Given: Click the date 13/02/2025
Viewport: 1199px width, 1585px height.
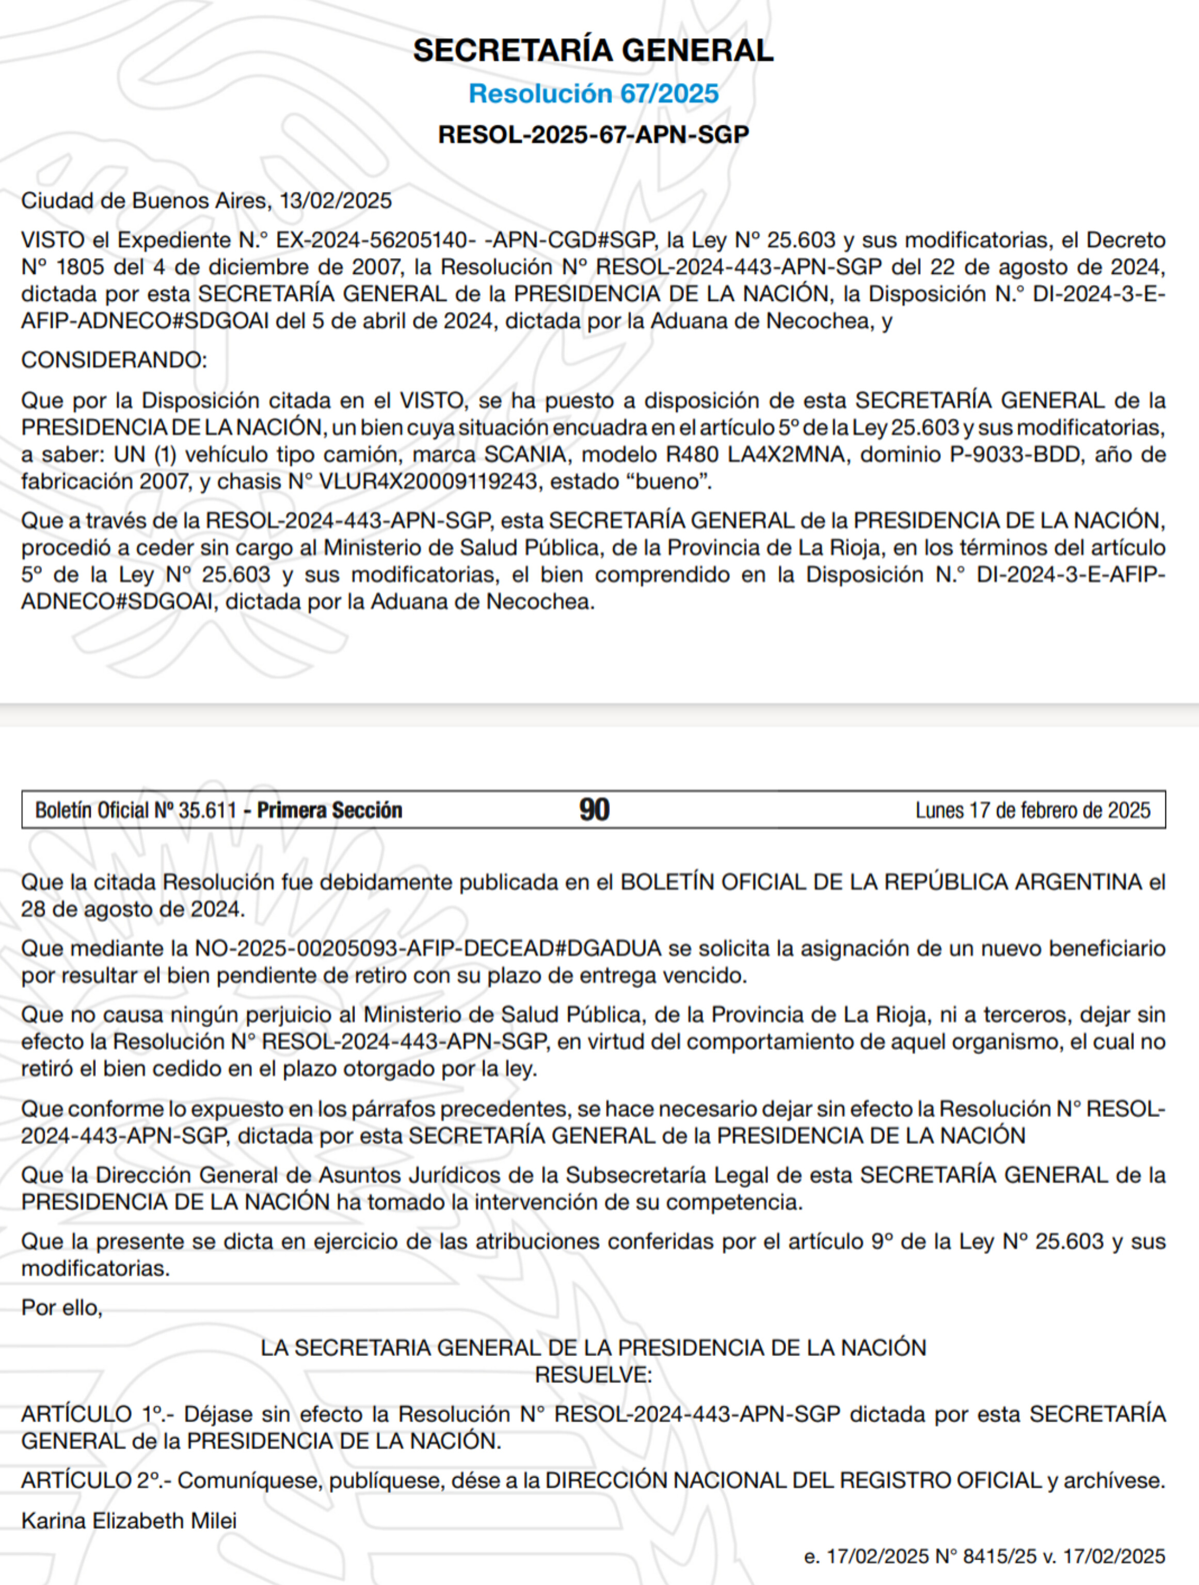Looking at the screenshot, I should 335,201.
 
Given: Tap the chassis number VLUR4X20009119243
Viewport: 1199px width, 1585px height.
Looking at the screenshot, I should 428,481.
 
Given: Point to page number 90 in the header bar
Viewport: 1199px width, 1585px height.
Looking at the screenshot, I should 594,810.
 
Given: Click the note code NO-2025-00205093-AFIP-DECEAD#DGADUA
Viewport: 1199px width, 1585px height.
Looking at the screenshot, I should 428,949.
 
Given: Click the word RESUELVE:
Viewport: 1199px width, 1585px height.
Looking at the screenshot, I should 594,1375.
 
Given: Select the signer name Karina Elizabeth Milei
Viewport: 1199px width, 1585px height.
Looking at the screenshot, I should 129,1521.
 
